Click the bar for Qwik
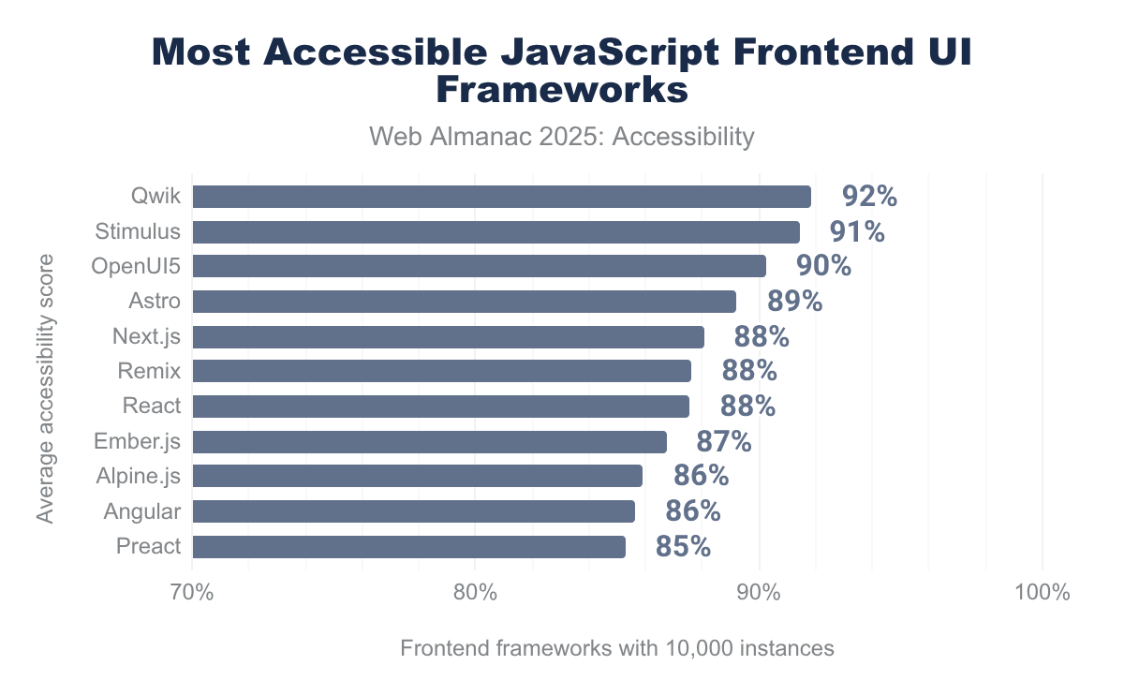point(501,197)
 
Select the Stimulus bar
point(495,232)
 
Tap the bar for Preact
point(408,547)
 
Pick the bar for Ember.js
point(429,442)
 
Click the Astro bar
point(464,302)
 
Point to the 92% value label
point(869,197)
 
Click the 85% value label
point(683,547)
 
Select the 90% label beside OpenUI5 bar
point(823,267)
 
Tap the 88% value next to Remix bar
point(749,372)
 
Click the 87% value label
point(724,442)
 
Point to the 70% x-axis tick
point(192,593)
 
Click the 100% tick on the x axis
point(1042,593)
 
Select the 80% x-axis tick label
point(475,593)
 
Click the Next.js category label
point(146,336)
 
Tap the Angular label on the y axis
point(142,511)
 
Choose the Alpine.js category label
point(139,477)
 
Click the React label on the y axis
point(152,407)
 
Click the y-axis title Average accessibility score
point(46,387)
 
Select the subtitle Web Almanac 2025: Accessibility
point(562,137)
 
